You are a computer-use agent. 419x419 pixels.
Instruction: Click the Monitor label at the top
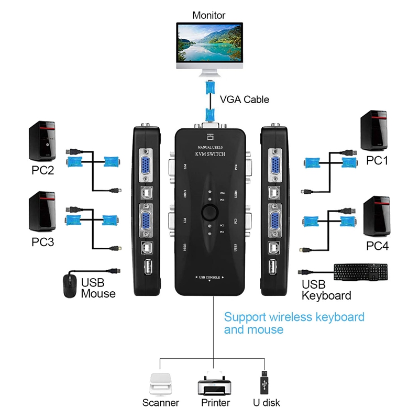(x=208, y=15)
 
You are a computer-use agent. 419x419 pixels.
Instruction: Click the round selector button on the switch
(x=210, y=213)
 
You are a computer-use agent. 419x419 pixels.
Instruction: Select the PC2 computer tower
(x=42, y=140)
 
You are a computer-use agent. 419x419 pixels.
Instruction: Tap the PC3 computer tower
(x=42, y=211)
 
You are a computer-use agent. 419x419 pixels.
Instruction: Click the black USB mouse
(x=69, y=286)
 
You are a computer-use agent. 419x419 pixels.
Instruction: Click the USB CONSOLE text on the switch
(x=210, y=276)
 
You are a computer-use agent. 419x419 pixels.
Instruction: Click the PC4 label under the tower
(x=377, y=246)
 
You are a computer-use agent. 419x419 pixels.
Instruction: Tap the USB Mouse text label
(x=98, y=288)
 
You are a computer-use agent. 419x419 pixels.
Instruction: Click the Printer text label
(x=215, y=403)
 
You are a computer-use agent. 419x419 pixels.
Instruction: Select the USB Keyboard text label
(x=326, y=290)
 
